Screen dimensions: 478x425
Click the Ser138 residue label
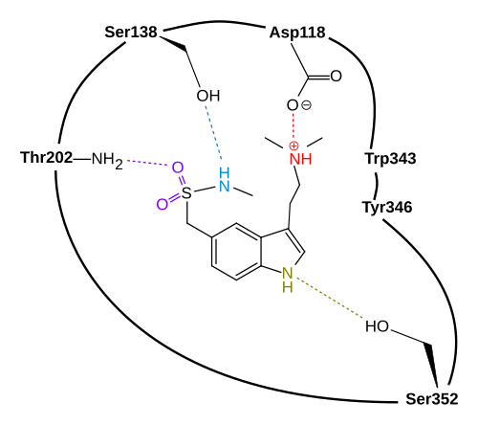[x=131, y=33]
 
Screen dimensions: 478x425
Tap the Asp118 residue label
[x=297, y=34]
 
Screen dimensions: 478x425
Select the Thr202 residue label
[x=47, y=158]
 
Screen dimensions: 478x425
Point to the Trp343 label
[x=390, y=159]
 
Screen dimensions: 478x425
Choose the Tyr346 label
[x=387, y=208]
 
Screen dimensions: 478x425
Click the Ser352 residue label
[x=432, y=399]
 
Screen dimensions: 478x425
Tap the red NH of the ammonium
[x=300, y=159]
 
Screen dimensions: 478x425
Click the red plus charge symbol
[x=293, y=146]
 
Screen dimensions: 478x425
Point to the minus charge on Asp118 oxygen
[x=306, y=105]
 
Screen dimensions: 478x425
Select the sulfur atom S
[x=186, y=192]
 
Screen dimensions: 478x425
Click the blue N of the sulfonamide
[x=225, y=186]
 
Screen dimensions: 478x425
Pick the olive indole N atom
[x=287, y=273]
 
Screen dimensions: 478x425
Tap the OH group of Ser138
[x=208, y=96]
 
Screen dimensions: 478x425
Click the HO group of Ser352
[x=378, y=326]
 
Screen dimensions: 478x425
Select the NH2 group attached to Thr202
[x=107, y=160]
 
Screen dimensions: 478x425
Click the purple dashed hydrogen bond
[x=147, y=163]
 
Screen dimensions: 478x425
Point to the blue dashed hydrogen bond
[x=213, y=132]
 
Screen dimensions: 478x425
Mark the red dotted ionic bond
[x=293, y=127]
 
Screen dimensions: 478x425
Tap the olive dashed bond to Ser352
[x=330, y=298]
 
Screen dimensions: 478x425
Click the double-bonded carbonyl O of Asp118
[x=336, y=77]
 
